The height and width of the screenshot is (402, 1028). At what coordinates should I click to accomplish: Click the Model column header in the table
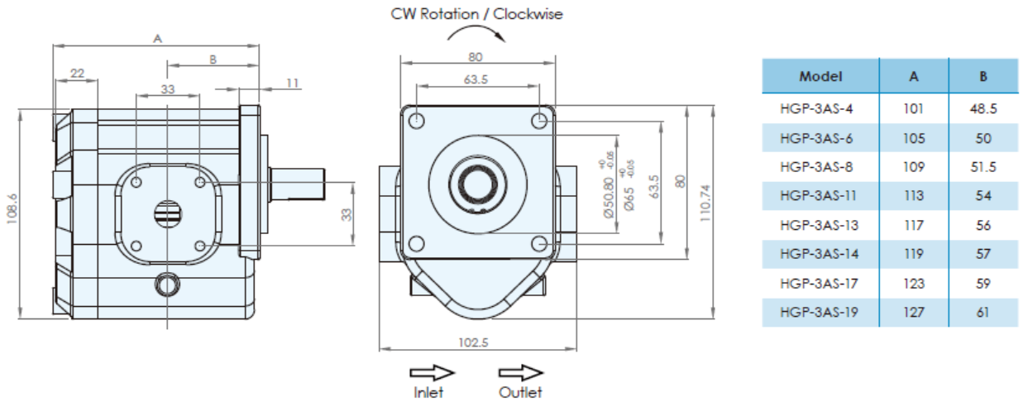pyautogui.click(x=820, y=76)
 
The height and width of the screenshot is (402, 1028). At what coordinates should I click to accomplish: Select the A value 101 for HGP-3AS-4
pyautogui.click(x=913, y=108)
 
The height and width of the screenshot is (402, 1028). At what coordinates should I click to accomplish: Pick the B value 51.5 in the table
pyautogui.click(x=983, y=167)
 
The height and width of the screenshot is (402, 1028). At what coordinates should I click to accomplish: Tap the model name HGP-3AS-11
pyautogui.click(x=818, y=196)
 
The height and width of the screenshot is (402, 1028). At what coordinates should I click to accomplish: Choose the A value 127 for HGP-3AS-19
pyautogui.click(x=913, y=313)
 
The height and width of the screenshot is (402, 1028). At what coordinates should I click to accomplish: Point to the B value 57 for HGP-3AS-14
pyautogui.click(x=983, y=254)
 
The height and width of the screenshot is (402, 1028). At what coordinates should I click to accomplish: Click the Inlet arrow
pyautogui.click(x=432, y=372)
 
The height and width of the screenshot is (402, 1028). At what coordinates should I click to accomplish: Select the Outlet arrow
pyautogui.click(x=521, y=372)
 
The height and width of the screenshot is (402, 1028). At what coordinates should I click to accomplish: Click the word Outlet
pyautogui.click(x=520, y=393)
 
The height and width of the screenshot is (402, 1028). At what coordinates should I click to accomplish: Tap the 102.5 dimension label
pyautogui.click(x=473, y=342)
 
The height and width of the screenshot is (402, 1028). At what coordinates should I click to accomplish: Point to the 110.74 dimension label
pyautogui.click(x=705, y=203)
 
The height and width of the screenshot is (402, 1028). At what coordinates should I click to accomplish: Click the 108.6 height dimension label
pyautogui.click(x=12, y=209)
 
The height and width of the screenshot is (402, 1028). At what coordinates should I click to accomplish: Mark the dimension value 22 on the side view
pyautogui.click(x=77, y=74)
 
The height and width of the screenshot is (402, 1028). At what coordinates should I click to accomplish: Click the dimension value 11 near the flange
pyautogui.click(x=292, y=83)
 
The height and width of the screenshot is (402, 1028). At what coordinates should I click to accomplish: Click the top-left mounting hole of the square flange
pyautogui.click(x=416, y=121)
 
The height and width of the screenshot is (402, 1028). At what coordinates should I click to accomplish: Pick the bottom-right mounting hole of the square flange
pyautogui.click(x=539, y=244)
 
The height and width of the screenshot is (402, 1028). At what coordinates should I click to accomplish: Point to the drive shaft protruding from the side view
pyautogui.click(x=298, y=184)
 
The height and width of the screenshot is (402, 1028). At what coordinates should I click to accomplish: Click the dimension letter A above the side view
pyautogui.click(x=157, y=39)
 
